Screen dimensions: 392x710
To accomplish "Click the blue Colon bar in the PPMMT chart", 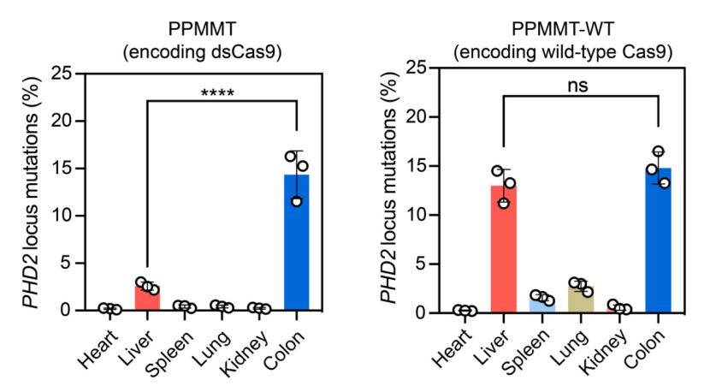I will tap(296, 243).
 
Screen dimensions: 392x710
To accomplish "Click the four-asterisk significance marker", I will tap(220, 92).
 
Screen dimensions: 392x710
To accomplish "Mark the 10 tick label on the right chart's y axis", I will tap(414, 215).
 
